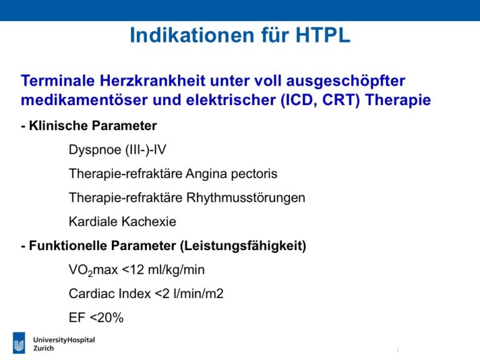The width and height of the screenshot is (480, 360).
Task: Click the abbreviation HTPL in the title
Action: point(322,35)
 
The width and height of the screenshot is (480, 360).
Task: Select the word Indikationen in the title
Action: point(192,35)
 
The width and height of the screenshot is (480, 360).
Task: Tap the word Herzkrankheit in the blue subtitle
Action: point(152,81)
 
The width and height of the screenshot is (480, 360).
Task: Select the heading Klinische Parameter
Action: point(92,126)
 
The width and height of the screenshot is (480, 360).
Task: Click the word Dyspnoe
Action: point(95,150)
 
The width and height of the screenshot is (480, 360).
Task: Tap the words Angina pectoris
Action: point(231,174)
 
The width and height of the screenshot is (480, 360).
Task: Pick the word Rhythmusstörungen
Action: point(246,197)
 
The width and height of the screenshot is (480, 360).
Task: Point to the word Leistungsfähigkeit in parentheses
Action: point(242,246)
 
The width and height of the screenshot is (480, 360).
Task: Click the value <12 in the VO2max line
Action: point(133,270)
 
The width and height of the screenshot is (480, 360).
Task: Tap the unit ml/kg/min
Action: point(176,270)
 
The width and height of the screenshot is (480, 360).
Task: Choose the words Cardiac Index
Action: point(110,294)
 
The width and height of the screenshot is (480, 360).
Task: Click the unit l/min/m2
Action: point(198,294)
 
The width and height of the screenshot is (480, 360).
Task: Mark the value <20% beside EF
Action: point(107,317)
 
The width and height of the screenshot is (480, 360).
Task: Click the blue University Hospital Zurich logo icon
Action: point(19,343)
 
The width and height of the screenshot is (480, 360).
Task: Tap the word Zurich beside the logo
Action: point(44,348)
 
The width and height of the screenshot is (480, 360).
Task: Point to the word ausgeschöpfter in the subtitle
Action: point(346,81)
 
